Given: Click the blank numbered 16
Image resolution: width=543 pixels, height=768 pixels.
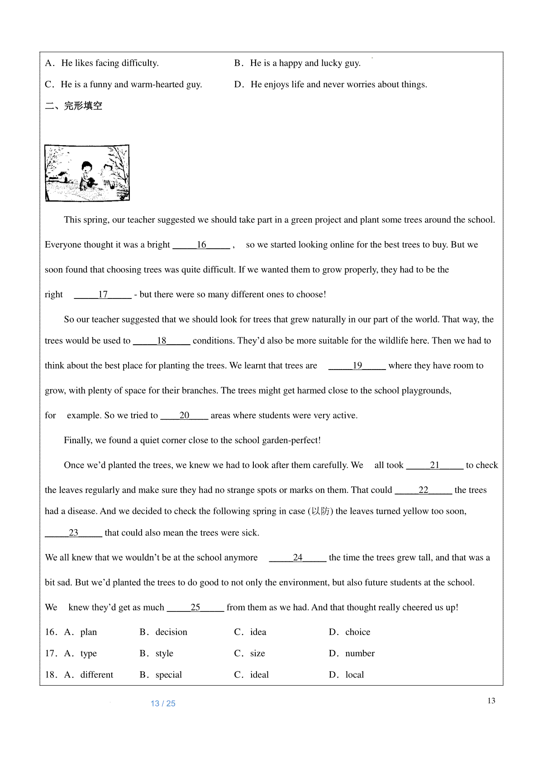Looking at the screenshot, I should point(201,245).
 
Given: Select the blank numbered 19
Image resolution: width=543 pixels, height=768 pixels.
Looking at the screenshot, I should point(357,365).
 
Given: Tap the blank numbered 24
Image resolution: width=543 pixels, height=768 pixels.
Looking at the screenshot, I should point(297,558).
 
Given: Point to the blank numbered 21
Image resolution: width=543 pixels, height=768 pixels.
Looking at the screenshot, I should point(434,465).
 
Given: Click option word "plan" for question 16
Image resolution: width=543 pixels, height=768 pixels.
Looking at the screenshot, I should point(89,632).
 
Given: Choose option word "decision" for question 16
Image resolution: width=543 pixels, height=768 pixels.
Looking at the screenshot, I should point(171,632).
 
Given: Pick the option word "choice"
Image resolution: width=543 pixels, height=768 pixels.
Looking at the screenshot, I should point(357,632).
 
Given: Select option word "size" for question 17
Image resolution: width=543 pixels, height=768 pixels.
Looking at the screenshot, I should point(257,653).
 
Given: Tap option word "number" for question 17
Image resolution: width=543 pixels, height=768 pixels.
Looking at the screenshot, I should point(360,653).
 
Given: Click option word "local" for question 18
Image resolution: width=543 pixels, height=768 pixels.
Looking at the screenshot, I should point(354,674).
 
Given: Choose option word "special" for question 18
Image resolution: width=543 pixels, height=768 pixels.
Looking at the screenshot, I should point(168,674).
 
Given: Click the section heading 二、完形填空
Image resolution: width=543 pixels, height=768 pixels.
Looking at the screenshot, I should point(74,106).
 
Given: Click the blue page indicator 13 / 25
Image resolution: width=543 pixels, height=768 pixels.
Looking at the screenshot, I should point(163,703).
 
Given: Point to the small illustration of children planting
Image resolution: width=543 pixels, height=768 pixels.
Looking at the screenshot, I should point(87,173).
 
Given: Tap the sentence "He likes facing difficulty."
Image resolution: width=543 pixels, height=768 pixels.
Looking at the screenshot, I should point(110,63).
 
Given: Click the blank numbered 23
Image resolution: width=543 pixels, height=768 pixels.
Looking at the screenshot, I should point(73,533).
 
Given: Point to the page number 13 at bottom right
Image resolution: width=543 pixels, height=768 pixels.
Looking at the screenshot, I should point(491,701).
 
